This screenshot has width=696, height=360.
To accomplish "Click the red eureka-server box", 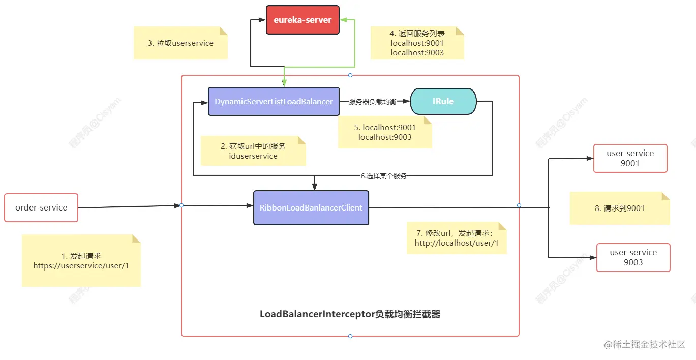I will (x=302, y=20).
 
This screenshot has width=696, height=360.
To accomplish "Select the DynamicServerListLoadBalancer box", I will (x=274, y=101).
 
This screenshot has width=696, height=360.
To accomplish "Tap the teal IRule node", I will (x=443, y=101).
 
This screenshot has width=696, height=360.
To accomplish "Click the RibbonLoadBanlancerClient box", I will (x=311, y=207).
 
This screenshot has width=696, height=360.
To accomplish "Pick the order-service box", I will (x=41, y=207).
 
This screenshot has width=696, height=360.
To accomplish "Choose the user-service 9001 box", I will (x=630, y=158).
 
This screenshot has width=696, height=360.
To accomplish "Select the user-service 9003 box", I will (x=633, y=257).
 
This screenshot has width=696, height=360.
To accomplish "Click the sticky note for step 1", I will (x=81, y=260).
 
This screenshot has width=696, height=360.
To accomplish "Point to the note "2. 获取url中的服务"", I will (x=253, y=151).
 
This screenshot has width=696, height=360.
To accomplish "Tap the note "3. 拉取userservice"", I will (x=180, y=43).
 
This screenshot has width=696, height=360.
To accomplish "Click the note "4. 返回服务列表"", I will (x=417, y=43).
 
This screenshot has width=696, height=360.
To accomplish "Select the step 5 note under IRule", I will (x=385, y=132).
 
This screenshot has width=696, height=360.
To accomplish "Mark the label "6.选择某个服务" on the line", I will (x=383, y=176).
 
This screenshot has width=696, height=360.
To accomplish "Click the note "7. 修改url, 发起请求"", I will (x=457, y=237).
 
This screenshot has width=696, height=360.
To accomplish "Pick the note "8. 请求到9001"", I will (x=619, y=208).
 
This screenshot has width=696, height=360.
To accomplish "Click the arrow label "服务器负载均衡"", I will (x=372, y=102).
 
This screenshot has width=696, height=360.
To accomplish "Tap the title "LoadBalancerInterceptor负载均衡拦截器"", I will (x=350, y=314).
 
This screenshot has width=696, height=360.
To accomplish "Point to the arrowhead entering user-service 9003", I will (x=593, y=258).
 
